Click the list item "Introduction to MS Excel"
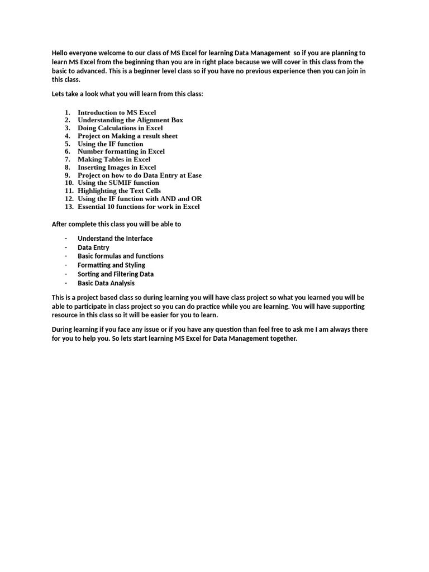click(x=117, y=112)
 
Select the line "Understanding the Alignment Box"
click(x=130, y=120)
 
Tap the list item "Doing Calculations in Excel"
click(x=120, y=128)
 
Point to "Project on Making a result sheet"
click(x=127, y=136)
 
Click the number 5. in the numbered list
click(x=67, y=144)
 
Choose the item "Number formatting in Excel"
click(x=121, y=151)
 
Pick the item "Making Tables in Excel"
click(x=113, y=159)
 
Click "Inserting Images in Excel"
click(x=117, y=167)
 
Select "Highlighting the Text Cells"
click(x=119, y=190)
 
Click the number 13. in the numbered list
click(x=69, y=207)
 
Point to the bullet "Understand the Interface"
click(x=115, y=239)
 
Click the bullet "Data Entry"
click(x=93, y=247)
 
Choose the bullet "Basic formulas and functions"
click(x=121, y=256)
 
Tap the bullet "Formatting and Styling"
click(x=111, y=265)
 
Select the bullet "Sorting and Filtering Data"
click(x=116, y=274)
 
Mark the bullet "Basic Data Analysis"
click(x=106, y=283)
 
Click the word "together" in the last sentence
click(x=283, y=339)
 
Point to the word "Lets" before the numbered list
click(x=58, y=94)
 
